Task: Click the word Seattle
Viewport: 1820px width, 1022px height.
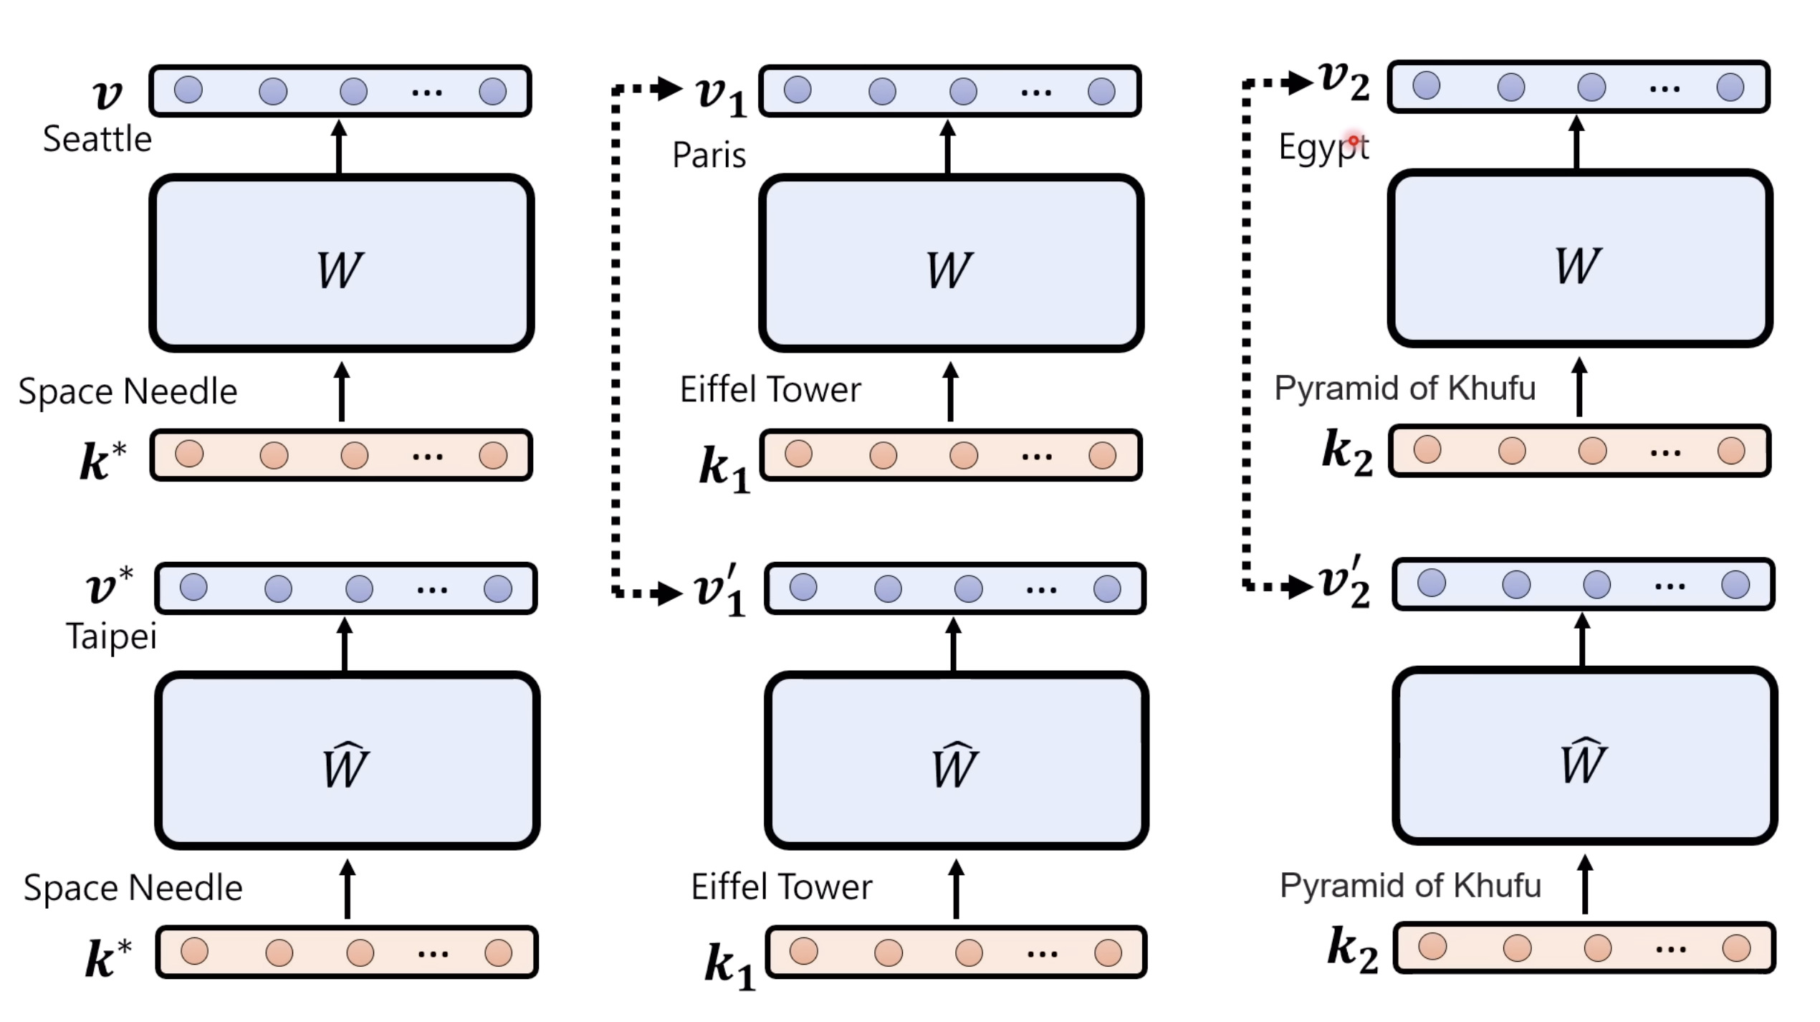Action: tap(97, 139)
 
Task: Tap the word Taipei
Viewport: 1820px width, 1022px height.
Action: tap(111, 636)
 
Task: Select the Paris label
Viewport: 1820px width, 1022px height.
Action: tap(709, 156)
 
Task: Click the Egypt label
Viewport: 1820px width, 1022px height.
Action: tap(1323, 148)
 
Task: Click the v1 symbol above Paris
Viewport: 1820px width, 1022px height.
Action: tap(721, 95)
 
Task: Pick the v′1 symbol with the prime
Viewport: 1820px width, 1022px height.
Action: tap(720, 591)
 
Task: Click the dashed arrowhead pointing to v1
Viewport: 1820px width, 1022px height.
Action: tap(669, 89)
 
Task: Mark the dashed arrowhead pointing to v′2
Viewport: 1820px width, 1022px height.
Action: tap(1300, 587)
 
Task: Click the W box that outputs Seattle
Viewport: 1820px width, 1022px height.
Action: tap(341, 263)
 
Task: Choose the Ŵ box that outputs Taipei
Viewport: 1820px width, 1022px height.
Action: tap(347, 760)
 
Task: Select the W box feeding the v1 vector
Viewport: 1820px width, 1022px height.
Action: tap(950, 263)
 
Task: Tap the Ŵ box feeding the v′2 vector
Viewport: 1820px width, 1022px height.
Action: tap(1584, 756)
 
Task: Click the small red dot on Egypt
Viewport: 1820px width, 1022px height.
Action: tap(1354, 140)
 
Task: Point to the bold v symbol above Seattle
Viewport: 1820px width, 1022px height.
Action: tap(107, 94)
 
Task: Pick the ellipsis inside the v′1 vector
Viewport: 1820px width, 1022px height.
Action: tap(1040, 591)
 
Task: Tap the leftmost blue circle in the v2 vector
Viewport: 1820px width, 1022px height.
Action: tap(1426, 85)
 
